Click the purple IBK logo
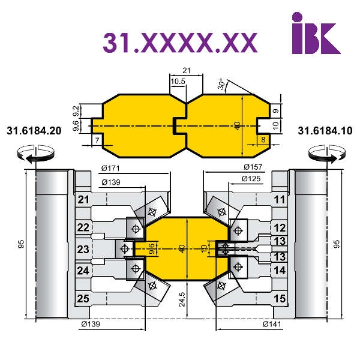click(316, 33)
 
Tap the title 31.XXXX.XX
click(180, 43)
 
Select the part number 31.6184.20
click(34, 131)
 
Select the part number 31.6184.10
click(325, 131)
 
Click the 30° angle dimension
click(221, 84)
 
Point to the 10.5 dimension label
click(178, 81)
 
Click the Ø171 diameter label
click(110, 169)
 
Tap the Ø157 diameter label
click(253, 167)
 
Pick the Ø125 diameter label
click(251, 179)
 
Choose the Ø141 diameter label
click(272, 324)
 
